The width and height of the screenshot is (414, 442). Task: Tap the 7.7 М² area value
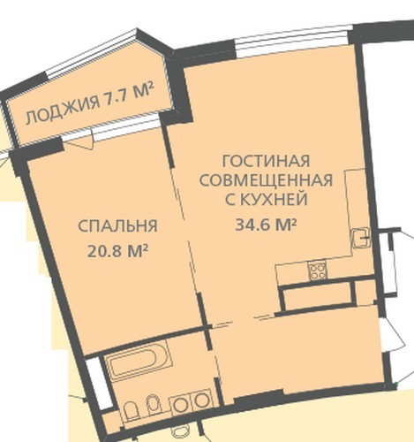130,94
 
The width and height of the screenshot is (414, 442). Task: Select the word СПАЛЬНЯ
117,226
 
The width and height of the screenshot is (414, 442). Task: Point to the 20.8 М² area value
117,251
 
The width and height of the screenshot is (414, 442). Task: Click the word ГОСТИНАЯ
266,161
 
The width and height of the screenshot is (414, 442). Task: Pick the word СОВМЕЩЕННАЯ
266,180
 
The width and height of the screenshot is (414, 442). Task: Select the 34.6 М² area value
266,225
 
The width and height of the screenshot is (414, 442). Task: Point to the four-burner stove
317,271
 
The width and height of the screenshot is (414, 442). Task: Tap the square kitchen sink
361,238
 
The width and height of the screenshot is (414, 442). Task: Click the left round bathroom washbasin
178,404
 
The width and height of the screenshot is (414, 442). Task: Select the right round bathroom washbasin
202,401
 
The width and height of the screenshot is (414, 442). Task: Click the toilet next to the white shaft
131,411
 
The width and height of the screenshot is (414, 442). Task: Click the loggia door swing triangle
79,143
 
